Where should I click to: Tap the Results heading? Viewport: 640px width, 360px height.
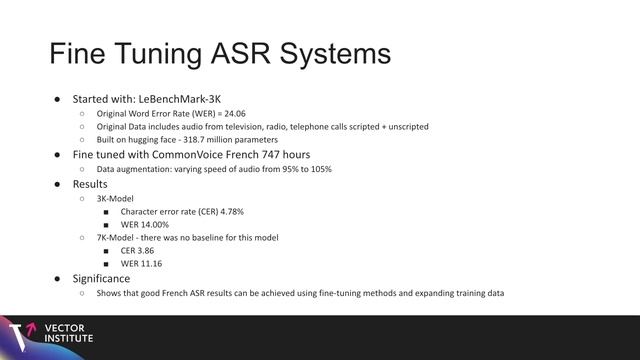(x=90, y=184)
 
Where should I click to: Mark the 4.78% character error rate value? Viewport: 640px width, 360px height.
(x=228, y=212)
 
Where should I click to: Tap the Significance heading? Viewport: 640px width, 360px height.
(x=101, y=277)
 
